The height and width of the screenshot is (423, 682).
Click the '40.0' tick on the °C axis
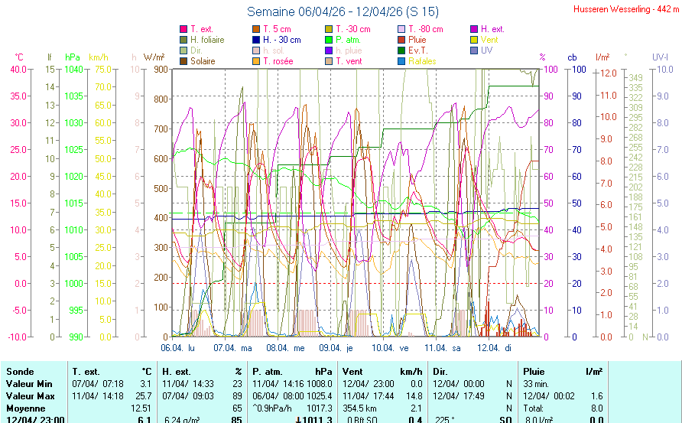pyautogui.click(x=17, y=70)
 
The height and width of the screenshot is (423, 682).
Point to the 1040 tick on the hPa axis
pyautogui.click(x=73, y=70)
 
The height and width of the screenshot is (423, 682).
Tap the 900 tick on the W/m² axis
pyautogui.click(x=159, y=70)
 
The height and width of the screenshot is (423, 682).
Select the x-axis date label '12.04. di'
pyautogui.click(x=495, y=347)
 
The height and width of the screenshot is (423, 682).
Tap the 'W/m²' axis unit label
pyautogui.click(x=154, y=57)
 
